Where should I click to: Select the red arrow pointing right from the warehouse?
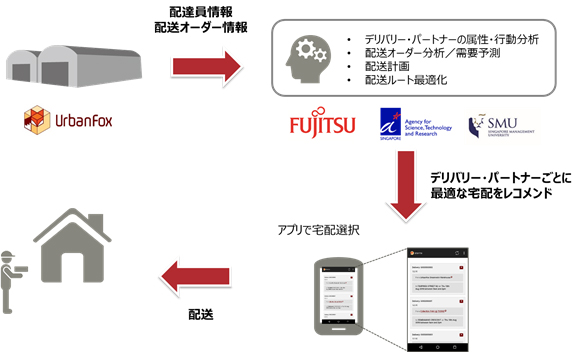206,67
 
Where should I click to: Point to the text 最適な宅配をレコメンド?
491,192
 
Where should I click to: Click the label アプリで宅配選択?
321,230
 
